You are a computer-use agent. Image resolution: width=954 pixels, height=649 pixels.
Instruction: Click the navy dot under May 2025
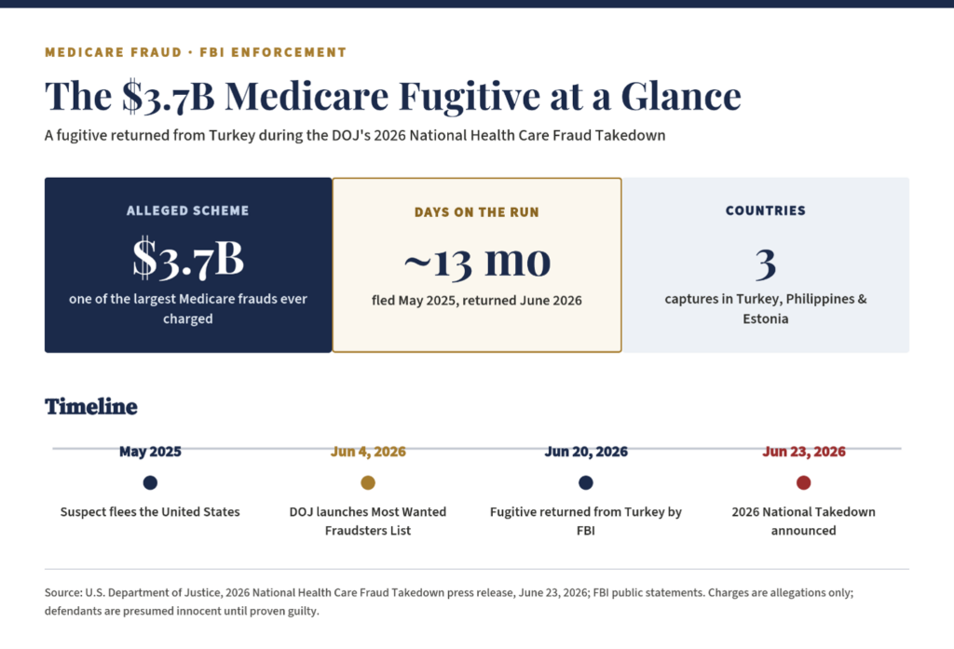click(x=150, y=482)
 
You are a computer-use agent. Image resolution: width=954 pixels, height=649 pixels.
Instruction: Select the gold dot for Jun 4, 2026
click(x=368, y=482)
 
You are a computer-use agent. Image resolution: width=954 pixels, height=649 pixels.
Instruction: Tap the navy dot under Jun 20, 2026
click(x=586, y=482)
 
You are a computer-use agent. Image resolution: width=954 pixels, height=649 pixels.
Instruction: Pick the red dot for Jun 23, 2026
click(x=804, y=482)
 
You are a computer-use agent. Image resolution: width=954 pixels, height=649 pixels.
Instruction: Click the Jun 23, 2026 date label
click(x=804, y=452)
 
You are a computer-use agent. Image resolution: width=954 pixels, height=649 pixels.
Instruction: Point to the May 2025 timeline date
click(x=150, y=452)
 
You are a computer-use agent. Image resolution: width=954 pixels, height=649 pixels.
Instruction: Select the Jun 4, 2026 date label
click(x=368, y=452)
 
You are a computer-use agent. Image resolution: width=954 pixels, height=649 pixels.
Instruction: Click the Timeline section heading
click(x=91, y=406)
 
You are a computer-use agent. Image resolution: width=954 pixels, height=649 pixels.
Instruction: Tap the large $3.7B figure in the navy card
click(x=188, y=259)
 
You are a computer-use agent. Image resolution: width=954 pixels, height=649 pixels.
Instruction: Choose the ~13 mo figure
click(x=478, y=262)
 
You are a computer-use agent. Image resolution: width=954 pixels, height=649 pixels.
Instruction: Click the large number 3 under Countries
click(x=766, y=264)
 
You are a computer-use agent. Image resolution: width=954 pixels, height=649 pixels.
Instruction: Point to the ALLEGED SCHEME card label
click(x=188, y=210)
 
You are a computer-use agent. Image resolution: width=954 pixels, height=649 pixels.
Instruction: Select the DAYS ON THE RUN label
click(x=477, y=212)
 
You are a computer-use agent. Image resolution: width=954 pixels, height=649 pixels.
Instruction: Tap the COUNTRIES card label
click(x=766, y=210)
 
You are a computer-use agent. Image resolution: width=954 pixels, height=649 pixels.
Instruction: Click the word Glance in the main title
click(x=681, y=96)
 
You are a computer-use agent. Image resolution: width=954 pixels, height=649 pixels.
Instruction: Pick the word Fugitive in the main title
click(x=470, y=97)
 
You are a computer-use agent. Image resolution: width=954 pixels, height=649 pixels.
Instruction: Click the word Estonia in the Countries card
click(x=766, y=318)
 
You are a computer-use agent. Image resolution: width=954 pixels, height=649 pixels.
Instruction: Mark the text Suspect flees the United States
click(x=150, y=512)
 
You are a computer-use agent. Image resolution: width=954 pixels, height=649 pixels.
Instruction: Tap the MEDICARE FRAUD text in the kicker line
click(x=113, y=52)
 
